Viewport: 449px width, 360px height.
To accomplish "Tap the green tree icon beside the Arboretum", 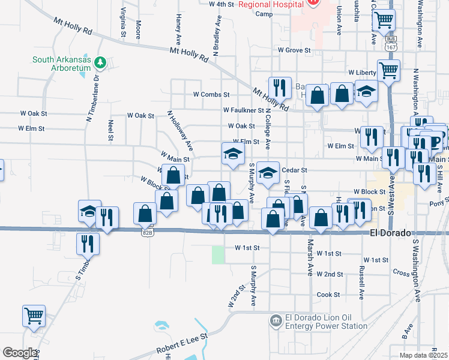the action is click(101, 62).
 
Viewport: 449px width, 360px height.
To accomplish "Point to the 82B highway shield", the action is click(147, 232).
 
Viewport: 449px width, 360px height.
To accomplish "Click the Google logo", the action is click(20, 352).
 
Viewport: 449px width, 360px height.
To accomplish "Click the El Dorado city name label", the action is click(390, 233).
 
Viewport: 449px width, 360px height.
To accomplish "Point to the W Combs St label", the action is click(211, 94).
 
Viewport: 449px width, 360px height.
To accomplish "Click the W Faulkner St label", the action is click(243, 110).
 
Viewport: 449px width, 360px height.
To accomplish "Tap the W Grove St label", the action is click(294, 50).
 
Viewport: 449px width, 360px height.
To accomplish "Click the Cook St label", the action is click(328, 295).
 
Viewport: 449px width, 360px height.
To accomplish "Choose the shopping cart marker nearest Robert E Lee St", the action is click(34, 315).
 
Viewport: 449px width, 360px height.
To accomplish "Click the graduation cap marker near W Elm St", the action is click(232, 154).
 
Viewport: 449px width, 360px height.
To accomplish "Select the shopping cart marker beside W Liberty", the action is click(389, 70).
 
